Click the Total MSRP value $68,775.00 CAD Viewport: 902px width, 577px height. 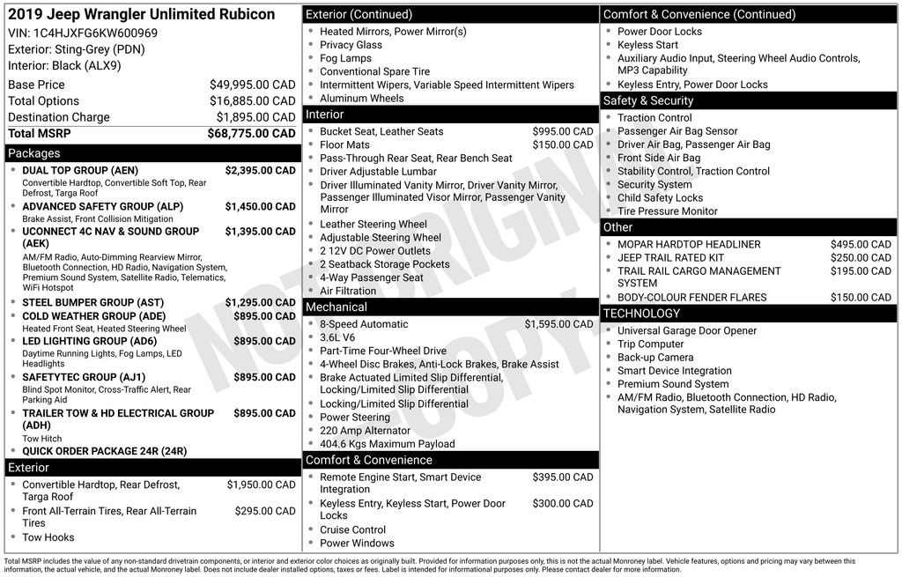click(251, 133)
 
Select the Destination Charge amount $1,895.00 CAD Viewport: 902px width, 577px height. click(255, 117)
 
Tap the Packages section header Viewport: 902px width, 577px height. click(34, 153)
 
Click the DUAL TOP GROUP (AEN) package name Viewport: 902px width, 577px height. click(80, 170)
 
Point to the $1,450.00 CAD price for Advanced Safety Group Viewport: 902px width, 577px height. click(260, 206)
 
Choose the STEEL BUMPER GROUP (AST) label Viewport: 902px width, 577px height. click(92, 302)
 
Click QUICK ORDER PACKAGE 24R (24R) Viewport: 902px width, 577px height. click(104, 451)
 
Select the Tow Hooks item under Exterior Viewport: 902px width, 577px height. click(48, 537)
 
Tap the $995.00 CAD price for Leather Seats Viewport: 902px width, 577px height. click(562, 131)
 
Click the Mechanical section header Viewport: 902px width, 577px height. click(336, 307)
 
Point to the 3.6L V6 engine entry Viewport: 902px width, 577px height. click(337, 337)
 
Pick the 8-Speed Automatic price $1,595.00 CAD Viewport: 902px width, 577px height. click(558, 324)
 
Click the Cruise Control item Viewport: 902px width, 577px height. click(352, 529)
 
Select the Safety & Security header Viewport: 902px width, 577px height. click(647, 100)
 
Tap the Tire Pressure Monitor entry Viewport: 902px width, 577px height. click(667, 211)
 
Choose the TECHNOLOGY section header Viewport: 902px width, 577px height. click(641, 314)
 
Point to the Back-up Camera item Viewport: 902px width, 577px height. click(655, 358)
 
